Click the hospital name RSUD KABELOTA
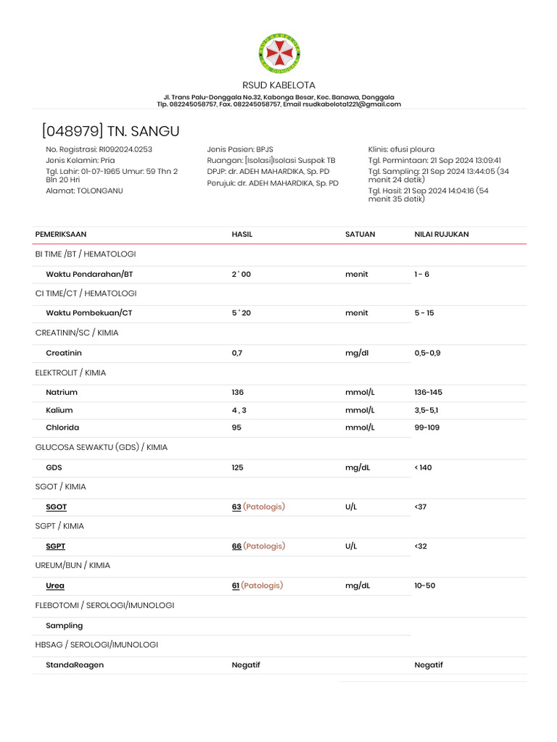point(278,86)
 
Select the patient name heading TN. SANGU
point(143,131)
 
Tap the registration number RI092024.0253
point(125,149)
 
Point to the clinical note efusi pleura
point(412,149)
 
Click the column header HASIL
point(242,235)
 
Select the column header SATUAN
point(359,235)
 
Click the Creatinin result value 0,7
point(237,353)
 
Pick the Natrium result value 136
point(238,392)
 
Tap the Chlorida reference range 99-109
point(427,428)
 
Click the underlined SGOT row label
point(56,507)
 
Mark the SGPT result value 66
point(236,546)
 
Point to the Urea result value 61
point(236,585)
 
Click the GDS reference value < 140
point(423,467)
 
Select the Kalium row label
point(59,410)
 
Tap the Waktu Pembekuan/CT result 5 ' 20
point(242,313)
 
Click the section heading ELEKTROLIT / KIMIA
point(70,372)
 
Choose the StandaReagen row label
point(75,664)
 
